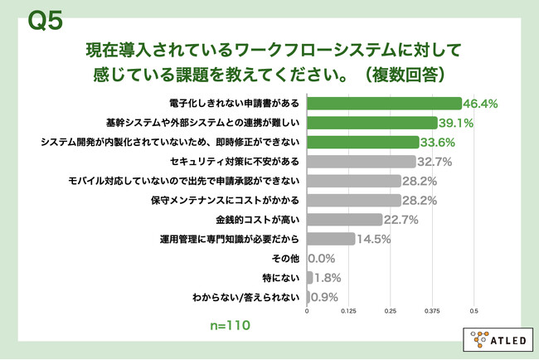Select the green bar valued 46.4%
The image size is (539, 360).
384,104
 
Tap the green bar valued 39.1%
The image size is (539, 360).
372,123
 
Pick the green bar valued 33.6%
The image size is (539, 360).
363,142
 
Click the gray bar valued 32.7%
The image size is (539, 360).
362,162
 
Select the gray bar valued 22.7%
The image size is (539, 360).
345,220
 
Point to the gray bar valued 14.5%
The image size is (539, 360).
332,239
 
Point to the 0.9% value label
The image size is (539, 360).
326,297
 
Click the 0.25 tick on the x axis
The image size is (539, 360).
391,313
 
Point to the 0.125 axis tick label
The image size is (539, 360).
349,313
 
